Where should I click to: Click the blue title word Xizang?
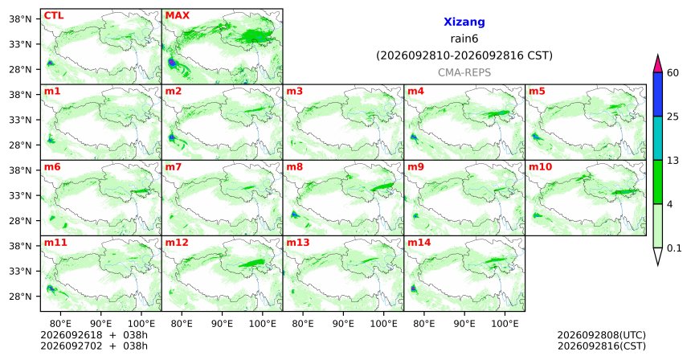point(464,22)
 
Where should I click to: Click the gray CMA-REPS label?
point(464,72)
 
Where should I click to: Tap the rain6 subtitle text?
point(464,39)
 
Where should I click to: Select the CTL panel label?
point(54,15)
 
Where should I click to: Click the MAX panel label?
point(177,15)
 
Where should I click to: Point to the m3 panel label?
point(294,92)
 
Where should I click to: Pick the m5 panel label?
point(537,92)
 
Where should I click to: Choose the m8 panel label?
point(294,167)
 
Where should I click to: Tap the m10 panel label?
point(540,167)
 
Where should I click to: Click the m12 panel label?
point(176,243)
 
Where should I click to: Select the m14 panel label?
point(419,243)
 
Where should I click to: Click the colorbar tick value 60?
point(673,72)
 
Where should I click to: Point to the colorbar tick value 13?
point(673,161)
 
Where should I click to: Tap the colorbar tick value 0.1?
point(674,248)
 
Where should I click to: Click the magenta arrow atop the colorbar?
point(657,64)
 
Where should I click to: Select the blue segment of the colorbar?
point(657,94)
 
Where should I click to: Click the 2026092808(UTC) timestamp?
point(602,336)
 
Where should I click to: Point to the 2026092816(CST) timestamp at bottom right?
point(602,346)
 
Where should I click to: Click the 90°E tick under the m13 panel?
point(343,324)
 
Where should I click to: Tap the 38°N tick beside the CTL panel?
point(20,19)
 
